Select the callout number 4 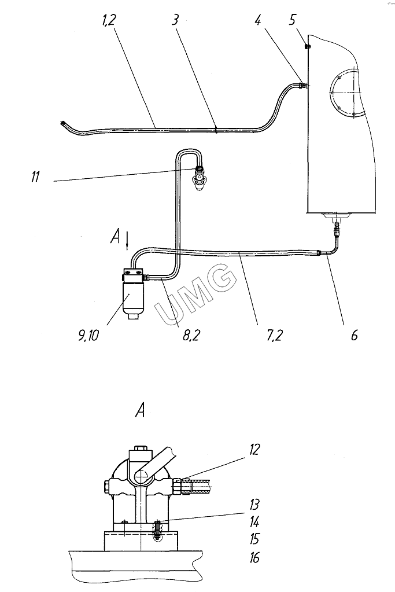[x=257, y=20]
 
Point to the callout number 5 [x=293, y=20]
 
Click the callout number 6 [x=355, y=335]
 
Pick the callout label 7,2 [x=274, y=335]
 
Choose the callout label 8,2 [x=191, y=335]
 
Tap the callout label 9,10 [x=88, y=335]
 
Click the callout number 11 [x=35, y=177]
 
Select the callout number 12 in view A [x=254, y=449]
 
